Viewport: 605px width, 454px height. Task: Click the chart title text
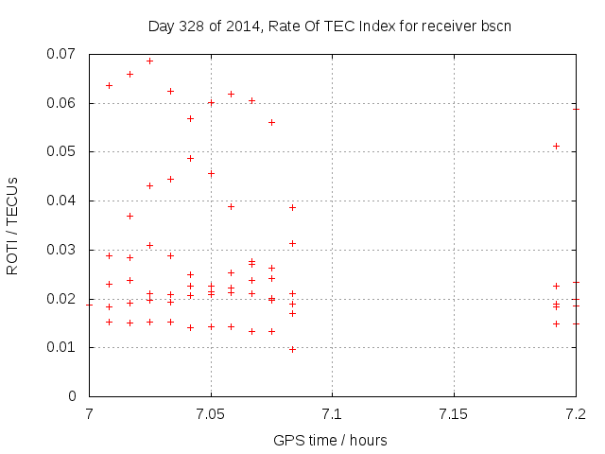coord(330,26)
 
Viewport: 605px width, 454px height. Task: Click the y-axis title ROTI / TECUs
coord(13,226)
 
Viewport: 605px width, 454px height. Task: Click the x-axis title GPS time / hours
coord(330,440)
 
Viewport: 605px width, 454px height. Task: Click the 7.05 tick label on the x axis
coord(211,414)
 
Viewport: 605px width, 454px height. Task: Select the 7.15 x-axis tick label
coord(454,414)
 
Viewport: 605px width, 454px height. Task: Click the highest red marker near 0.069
coord(149,61)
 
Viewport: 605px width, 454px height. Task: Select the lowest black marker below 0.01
coord(292,349)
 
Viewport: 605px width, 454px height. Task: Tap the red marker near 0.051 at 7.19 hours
coord(556,146)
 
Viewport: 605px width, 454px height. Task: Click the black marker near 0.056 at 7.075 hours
coord(271,122)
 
